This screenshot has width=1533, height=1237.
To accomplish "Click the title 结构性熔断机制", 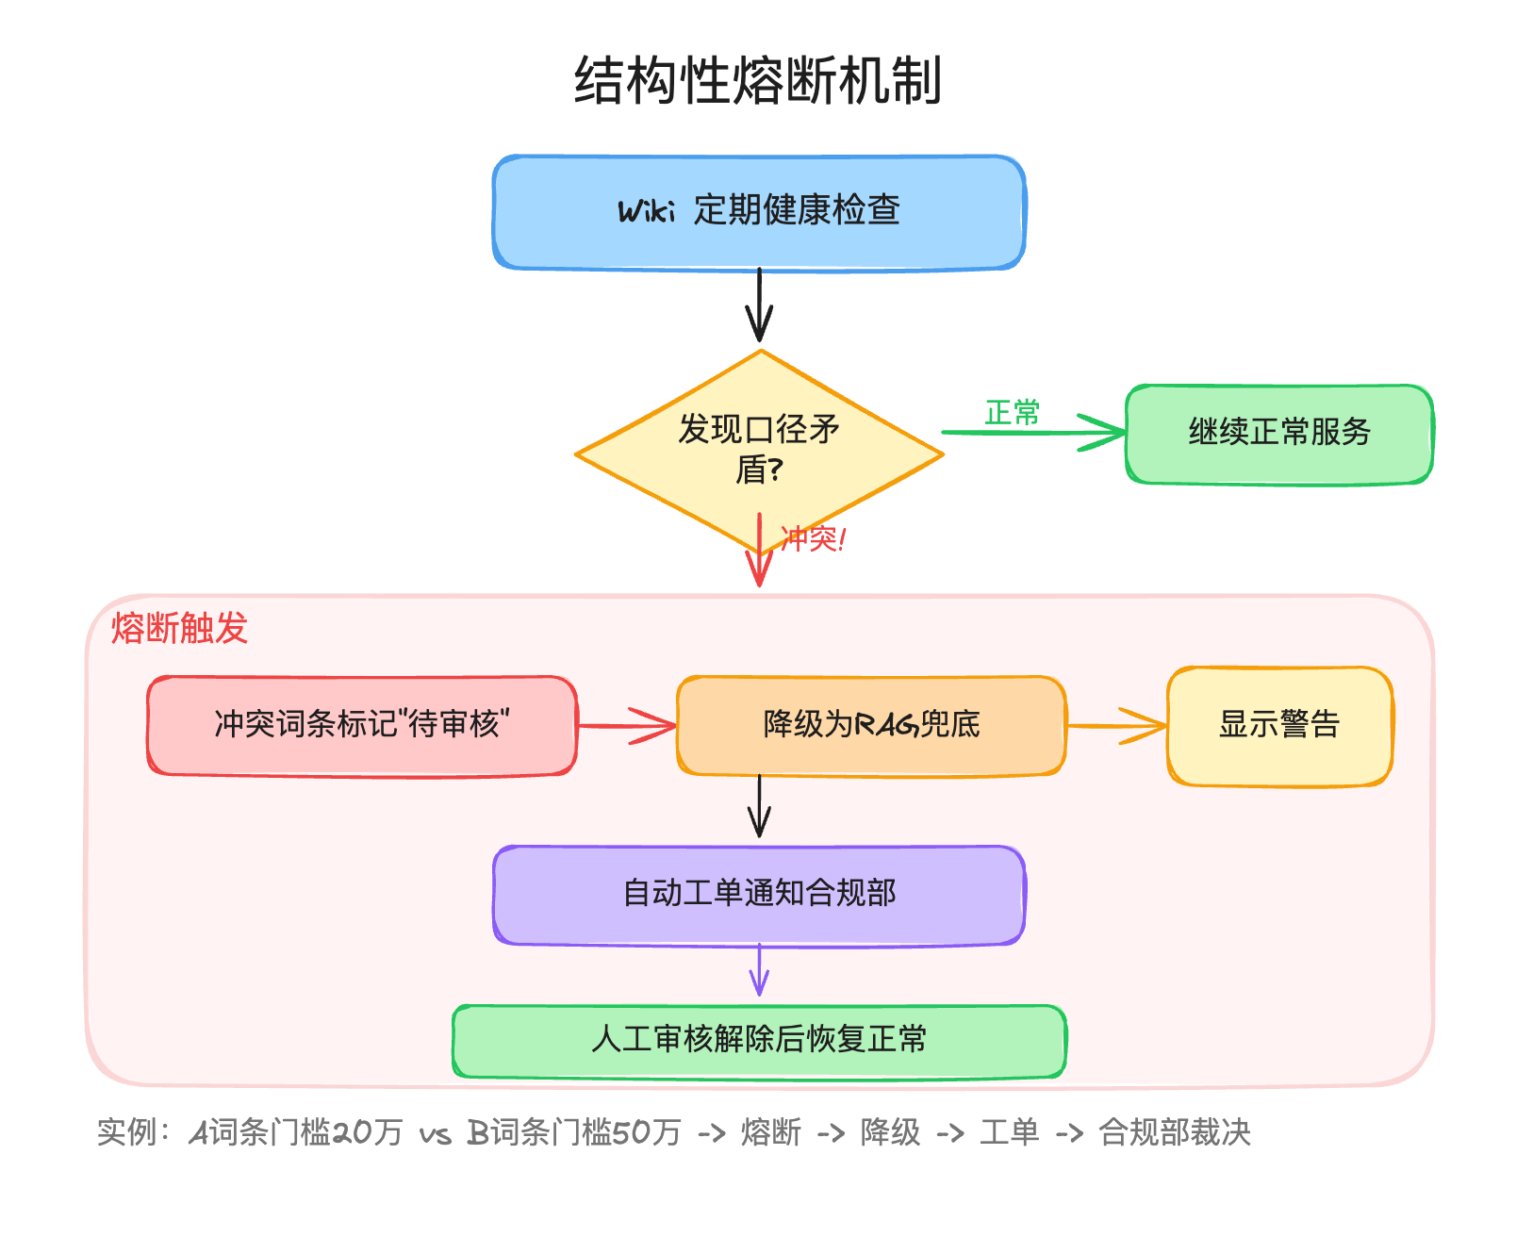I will [758, 80].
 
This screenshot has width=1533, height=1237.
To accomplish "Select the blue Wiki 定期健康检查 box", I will [759, 212].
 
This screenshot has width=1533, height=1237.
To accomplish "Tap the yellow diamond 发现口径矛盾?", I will [759, 450].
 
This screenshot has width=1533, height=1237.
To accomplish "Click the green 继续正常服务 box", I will [1279, 434].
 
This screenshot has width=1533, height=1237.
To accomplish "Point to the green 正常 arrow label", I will [1012, 413].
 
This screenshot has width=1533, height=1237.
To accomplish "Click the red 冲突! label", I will [813, 539].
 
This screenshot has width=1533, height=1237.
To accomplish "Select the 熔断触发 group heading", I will [179, 628].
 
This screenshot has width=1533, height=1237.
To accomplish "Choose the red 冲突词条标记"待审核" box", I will [362, 725].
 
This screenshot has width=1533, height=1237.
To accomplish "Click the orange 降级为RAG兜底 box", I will [871, 725].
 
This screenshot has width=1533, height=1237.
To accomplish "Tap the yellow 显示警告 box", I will [1279, 725].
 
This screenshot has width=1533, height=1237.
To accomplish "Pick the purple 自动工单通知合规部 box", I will [759, 894].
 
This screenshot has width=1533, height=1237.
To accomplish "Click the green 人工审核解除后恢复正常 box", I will [759, 1040].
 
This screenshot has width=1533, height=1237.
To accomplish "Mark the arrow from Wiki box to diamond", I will [759, 306].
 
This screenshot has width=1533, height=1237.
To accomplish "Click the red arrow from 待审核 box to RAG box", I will [627, 726].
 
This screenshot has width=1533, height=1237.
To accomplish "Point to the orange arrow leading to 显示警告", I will [1117, 726].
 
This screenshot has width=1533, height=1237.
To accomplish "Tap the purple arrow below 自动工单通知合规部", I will [759, 971].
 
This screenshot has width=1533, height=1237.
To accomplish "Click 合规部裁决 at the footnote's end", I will [1175, 1132].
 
